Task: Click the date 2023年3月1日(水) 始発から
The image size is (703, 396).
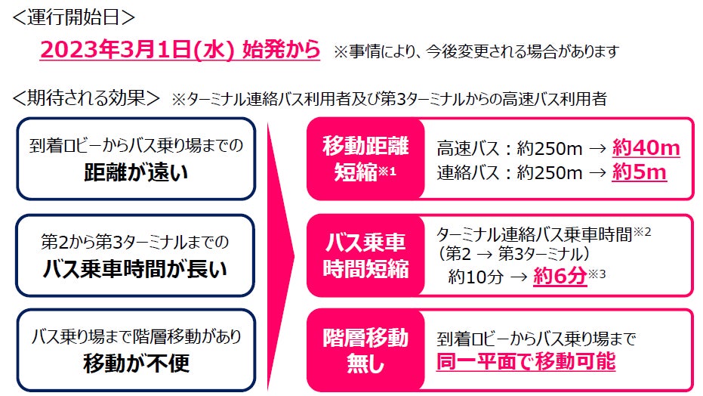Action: [x=180, y=50]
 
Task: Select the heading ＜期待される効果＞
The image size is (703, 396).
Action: [x=85, y=98]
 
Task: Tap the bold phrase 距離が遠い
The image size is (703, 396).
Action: [x=136, y=174]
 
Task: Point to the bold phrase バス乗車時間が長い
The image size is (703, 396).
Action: [x=136, y=268]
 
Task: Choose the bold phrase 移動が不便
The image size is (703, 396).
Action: [x=136, y=364]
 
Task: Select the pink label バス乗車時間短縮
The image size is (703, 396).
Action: [x=365, y=255]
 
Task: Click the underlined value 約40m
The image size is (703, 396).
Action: [x=646, y=147]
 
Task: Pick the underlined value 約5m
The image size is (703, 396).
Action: [x=639, y=172]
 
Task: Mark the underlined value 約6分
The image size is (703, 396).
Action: [x=559, y=277]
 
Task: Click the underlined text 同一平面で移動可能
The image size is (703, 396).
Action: [x=526, y=362]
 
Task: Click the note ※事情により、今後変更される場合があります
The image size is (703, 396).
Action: [x=476, y=51]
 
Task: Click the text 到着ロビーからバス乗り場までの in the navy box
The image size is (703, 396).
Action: [x=137, y=147]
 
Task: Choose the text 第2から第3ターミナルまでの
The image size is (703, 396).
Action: [x=137, y=242]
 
